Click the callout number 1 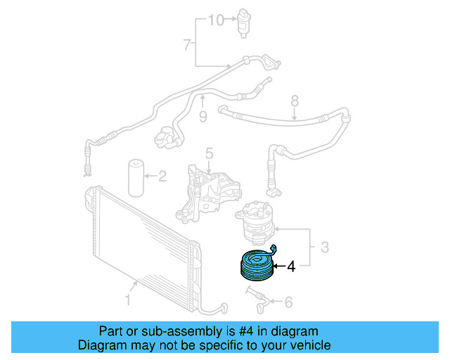(128, 301)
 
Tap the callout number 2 (162, 176)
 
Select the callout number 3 (325, 247)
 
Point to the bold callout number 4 (290, 266)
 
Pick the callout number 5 (209, 153)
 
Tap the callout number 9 (202, 117)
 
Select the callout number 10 (215, 20)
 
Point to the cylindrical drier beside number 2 (135, 178)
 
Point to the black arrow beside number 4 (276, 266)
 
